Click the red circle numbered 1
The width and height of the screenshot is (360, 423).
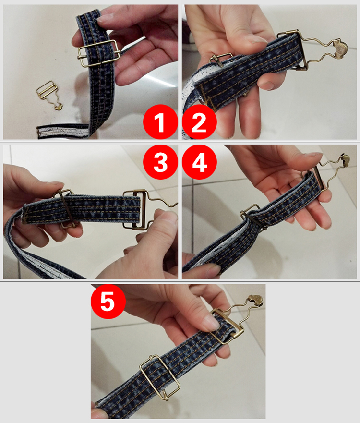point(160,122)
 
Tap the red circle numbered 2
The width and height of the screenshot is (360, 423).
point(199,122)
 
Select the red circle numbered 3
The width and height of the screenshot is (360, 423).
point(160,162)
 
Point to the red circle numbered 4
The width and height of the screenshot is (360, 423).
point(199,162)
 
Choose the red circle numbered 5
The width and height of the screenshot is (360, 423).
point(108,302)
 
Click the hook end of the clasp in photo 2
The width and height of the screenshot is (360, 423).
point(340,48)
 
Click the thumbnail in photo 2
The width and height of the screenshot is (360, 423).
point(256,39)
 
